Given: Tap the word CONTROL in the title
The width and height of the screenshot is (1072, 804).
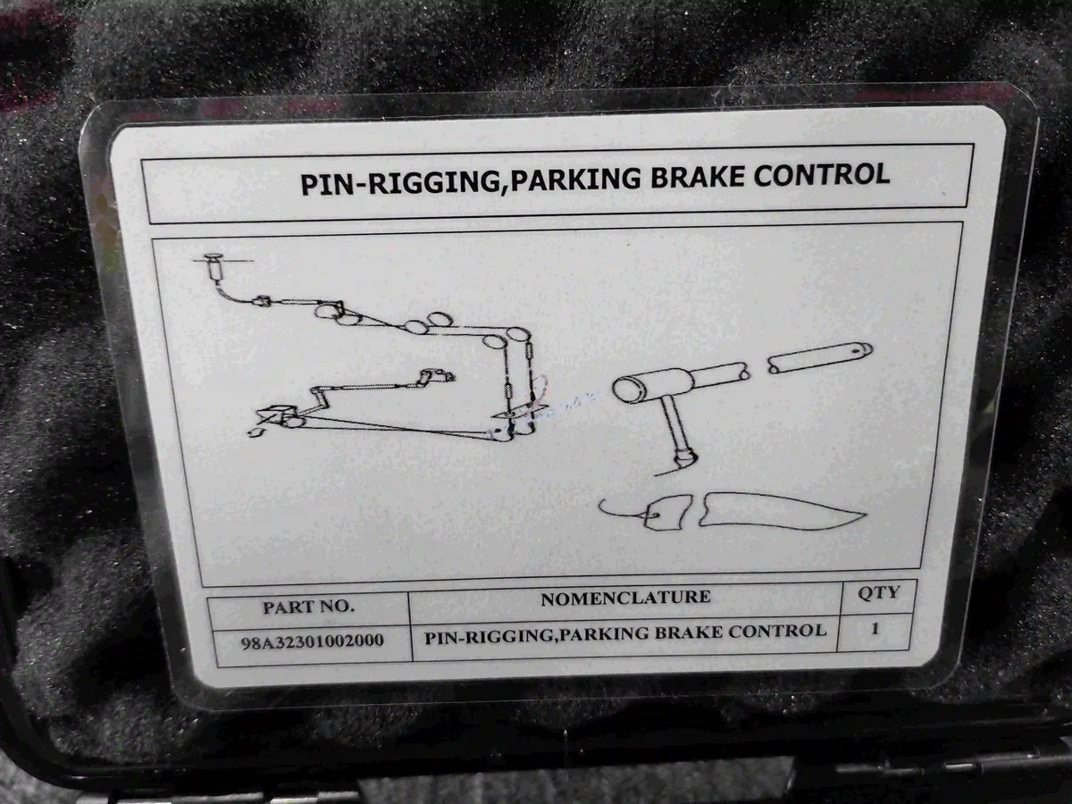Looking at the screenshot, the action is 821,174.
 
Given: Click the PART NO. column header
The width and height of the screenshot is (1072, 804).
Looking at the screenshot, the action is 307,607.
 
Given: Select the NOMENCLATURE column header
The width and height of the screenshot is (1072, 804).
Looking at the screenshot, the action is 625,598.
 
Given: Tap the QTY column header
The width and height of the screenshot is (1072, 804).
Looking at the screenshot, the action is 879,592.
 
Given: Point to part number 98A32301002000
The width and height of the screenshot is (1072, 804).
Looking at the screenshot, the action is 313,641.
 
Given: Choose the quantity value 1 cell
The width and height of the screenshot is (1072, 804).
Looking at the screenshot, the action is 875,628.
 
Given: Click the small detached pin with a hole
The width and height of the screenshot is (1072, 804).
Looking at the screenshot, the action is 820,357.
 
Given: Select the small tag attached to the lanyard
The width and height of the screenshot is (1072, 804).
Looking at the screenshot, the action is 668,513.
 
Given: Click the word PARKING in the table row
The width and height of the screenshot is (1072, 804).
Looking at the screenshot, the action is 603,634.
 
